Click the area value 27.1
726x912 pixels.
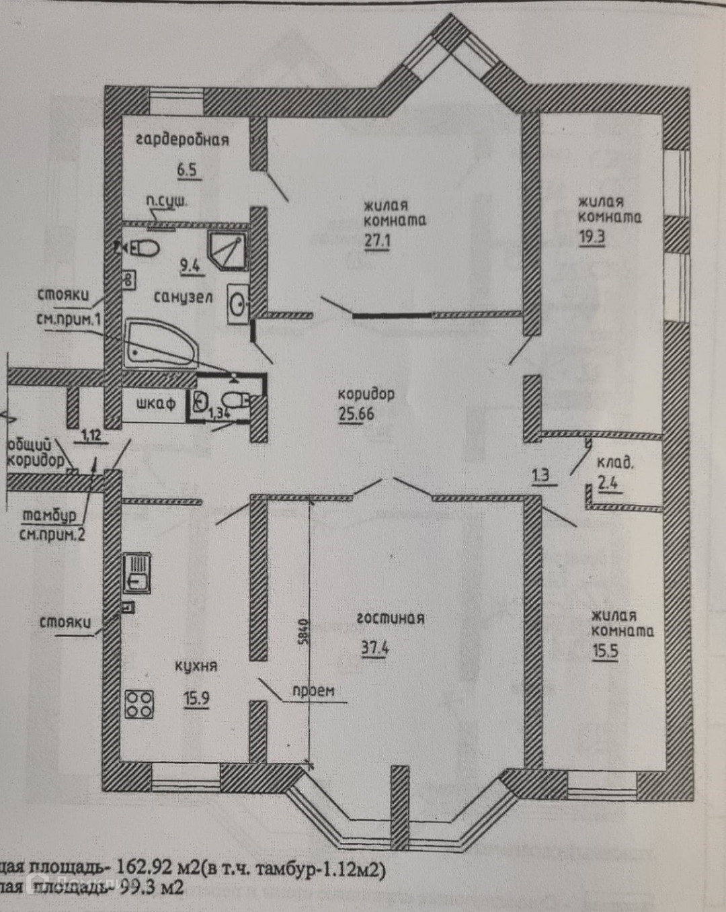click(377, 240)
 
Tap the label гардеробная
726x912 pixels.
click(182, 140)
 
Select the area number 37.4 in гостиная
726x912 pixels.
click(375, 649)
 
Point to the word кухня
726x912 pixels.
click(196, 666)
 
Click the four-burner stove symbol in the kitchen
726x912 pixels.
click(139, 704)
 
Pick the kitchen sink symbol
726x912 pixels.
click(137, 573)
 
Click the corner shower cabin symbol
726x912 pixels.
click(227, 251)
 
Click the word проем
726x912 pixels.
click(313, 690)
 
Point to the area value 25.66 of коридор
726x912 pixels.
click(356, 413)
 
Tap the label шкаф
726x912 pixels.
click(155, 403)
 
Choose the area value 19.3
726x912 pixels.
click(592, 237)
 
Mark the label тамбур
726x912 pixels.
click(50, 516)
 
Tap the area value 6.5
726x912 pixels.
click(187, 169)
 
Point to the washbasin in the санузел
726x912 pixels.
click(239, 304)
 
